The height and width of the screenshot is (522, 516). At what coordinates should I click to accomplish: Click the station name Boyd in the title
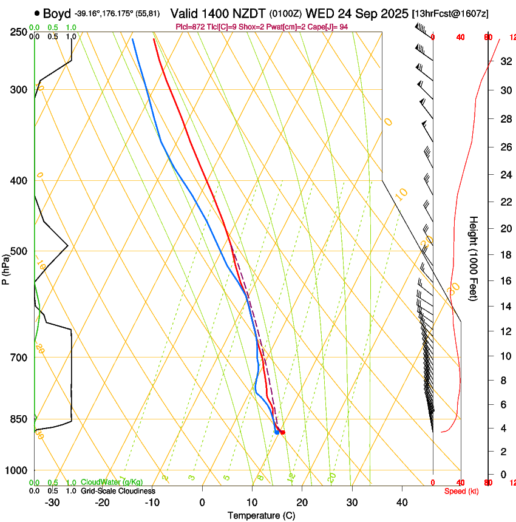(57, 13)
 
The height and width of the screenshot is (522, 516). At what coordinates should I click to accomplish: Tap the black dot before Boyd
(38, 13)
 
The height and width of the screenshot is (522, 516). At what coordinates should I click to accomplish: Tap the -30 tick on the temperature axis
(52, 503)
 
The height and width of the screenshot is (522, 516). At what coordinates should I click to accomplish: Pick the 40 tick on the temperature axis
(402, 503)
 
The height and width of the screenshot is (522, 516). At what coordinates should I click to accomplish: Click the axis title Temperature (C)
(261, 516)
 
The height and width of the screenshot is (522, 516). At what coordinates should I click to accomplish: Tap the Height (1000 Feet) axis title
(474, 258)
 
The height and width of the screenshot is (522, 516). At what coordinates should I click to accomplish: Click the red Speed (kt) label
(461, 490)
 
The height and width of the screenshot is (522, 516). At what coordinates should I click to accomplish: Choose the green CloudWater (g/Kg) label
(112, 482)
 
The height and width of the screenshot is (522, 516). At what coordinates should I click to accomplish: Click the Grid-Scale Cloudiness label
(118, 490)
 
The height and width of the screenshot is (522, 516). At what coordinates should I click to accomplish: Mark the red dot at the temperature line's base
(282, 432)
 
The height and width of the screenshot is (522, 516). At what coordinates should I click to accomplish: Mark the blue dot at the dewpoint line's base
(277, 432)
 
